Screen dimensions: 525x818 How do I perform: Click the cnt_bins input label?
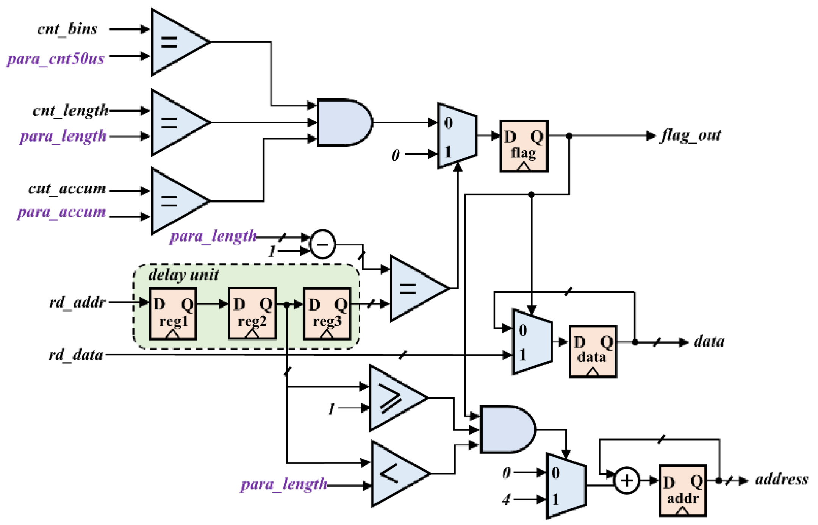coord(67,29)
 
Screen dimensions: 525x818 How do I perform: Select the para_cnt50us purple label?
coord(55,59)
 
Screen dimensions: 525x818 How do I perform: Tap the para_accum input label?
coord(61,212)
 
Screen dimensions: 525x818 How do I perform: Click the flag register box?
coord(524,146)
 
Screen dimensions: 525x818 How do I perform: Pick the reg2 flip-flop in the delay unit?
coord(252,314)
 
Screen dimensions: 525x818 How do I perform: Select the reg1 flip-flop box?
coord(173,314)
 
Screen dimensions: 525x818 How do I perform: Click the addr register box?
coord(682,491)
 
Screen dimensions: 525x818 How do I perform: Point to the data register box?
coord(593,352)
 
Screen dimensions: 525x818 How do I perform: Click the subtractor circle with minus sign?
coord(322,244)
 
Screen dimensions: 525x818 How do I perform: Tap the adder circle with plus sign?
coord(626,481)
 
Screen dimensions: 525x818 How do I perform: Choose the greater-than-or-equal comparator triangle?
coord(394,398)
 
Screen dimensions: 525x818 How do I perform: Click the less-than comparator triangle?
coord(396,473)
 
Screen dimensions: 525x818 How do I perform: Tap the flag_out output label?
coord(691,135)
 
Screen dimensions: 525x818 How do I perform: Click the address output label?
coord(781,480)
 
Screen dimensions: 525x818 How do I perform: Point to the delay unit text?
coord(183,275)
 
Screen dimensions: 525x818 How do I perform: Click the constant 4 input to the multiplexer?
coord(506,500)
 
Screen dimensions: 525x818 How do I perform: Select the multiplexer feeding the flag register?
coord(457,135)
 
